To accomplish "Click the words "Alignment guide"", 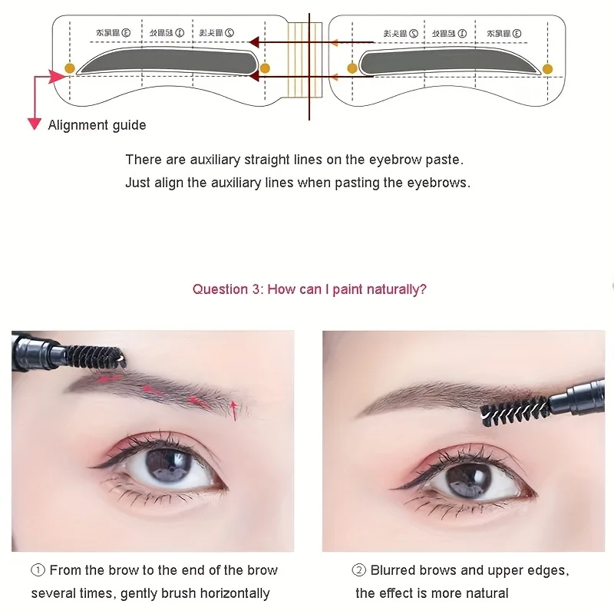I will coord(97,125).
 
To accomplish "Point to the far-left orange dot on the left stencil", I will coord(70,68).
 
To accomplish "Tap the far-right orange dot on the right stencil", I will coord(547,68).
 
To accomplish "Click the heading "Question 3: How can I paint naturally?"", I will coord(309,289).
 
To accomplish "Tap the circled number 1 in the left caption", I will coord(38,570).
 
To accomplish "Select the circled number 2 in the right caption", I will coord(358,570).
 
